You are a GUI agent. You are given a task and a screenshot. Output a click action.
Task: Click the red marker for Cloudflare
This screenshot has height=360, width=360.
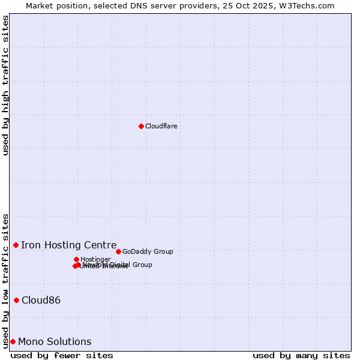tap(141, 126)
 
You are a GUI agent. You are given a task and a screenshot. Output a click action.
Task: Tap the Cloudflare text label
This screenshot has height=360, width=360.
tap(161, 126)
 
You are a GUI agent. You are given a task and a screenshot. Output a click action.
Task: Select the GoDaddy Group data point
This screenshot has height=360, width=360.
tap(118, 251)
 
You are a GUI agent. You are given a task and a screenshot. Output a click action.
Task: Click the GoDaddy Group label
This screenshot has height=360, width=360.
tap(148, 251)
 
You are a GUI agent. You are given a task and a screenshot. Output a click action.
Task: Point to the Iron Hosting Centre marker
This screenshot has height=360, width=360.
tap(16, 245)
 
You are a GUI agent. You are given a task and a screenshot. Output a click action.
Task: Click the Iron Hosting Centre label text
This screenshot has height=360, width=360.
tap(68, 245)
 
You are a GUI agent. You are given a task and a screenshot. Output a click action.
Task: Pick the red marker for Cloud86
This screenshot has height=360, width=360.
tap(16, 300)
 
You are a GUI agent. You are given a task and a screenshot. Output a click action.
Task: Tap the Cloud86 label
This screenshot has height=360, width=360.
tap(41, 300)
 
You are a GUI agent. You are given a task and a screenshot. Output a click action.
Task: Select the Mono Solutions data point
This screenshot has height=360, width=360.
tap(13, 341)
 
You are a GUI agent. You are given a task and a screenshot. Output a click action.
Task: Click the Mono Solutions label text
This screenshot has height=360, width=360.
tap(55, 341)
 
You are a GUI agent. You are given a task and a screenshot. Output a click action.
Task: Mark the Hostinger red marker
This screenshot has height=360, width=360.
tap(76, 259)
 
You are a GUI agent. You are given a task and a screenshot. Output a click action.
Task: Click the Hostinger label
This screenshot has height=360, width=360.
tap(95, 259)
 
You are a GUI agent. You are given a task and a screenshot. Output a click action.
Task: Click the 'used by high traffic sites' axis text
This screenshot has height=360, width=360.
tap(5, 85)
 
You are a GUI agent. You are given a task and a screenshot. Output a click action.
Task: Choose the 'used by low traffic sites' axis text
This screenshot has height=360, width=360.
tap(5, 280)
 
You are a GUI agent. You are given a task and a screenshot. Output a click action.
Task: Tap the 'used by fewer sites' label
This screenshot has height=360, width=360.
tap(62, 355)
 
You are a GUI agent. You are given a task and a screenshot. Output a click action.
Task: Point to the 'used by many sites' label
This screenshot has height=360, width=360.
tap(301, 355)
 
